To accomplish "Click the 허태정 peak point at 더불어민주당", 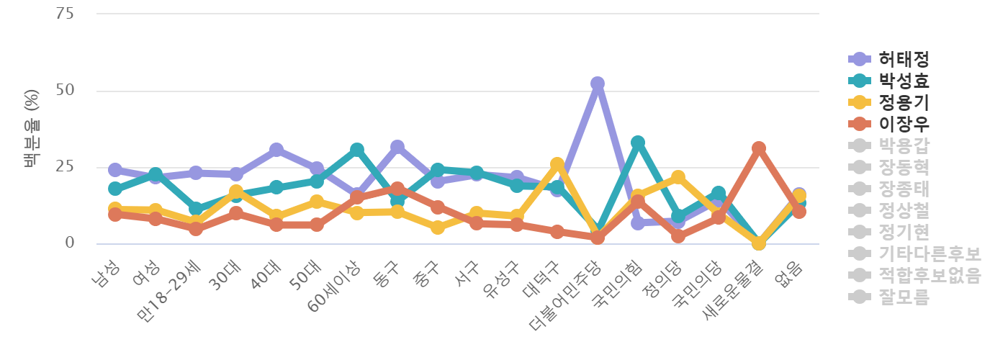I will coord(597,84).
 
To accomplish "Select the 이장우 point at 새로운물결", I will coord(758,148).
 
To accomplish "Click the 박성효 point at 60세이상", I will coord(356,150).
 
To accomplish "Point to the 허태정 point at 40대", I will coord(276,149).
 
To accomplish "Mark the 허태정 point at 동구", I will coord(397,147).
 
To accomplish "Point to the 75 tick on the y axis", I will coord(66,14).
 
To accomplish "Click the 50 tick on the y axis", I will coord(66,91).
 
